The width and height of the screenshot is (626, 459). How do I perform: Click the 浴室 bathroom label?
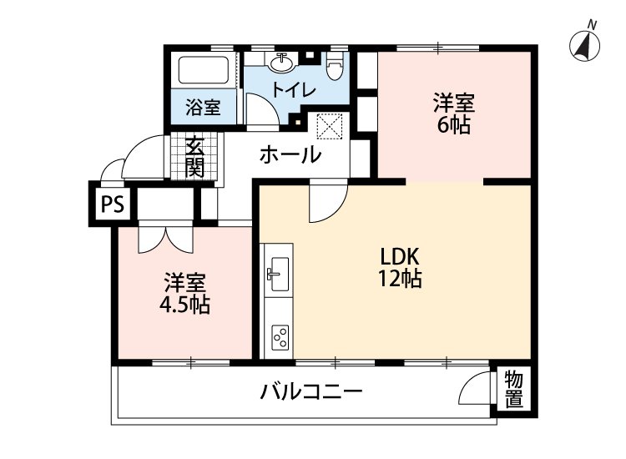[203, 107]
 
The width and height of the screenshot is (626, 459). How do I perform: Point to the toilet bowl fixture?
[336, 68]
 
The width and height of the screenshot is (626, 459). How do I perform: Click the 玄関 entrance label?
[194, 156]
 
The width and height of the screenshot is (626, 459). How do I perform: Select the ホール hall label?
[290, 154]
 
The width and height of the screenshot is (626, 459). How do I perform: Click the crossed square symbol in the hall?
[331, 128]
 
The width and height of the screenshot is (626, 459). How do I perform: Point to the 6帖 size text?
[453, 126]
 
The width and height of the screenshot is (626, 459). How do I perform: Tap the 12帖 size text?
[399, 279]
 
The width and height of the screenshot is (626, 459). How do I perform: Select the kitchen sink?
[277, 270]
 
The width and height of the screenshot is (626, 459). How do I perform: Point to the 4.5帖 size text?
[184, 304]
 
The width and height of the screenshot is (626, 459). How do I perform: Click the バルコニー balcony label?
[310, 391]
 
